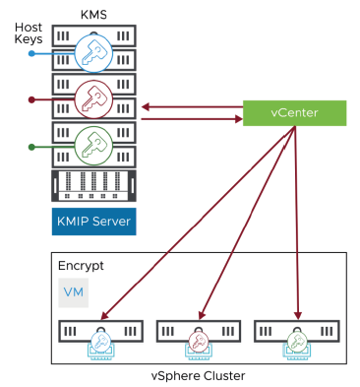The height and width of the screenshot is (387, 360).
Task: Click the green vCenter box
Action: tap(294, 112)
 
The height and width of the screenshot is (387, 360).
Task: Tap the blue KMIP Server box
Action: tap(91, 220)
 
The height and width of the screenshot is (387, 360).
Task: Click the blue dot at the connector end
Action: tap(32, 53)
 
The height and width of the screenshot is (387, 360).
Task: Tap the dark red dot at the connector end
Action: tap(32, 99)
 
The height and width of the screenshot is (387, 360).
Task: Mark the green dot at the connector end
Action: tap(32, 147)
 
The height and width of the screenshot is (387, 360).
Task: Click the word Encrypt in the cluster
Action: tap(81, 267)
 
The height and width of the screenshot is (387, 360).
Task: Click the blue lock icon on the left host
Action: tap(102, 340)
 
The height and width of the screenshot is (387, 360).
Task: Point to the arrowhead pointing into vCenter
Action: tap(237, 120)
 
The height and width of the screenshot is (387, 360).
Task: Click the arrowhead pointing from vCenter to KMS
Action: tap(144, 105)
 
